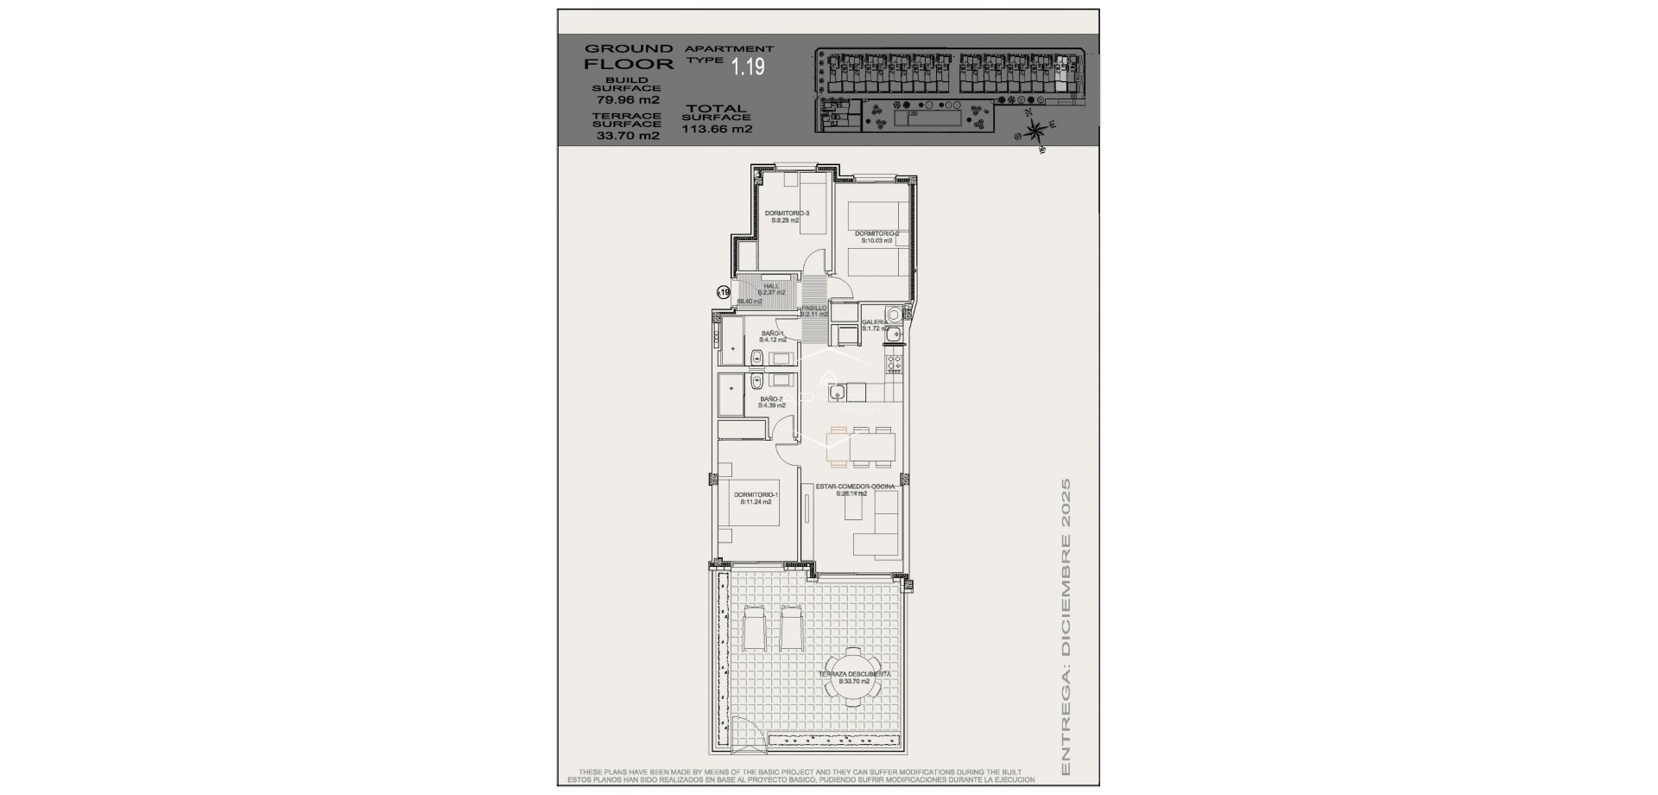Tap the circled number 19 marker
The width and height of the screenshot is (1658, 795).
click(724, 293)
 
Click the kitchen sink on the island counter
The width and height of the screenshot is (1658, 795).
click(837, 394)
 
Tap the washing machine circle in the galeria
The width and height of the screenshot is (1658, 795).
click(894, 315)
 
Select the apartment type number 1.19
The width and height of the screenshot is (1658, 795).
click(748, 67)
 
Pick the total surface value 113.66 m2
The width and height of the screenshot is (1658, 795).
click(717, 130)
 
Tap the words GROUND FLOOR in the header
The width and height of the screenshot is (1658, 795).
click(628, 56)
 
